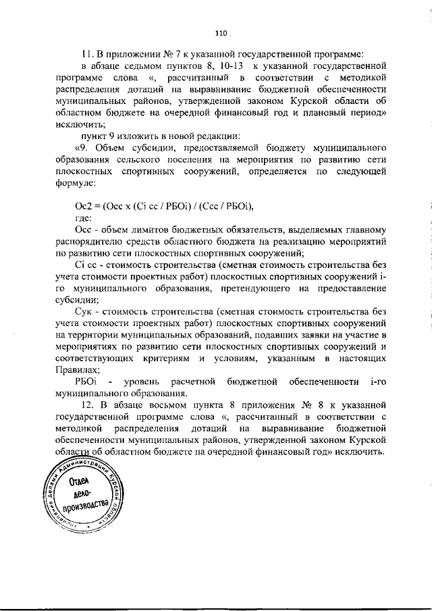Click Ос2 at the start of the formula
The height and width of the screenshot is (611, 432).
coord(82,207)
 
